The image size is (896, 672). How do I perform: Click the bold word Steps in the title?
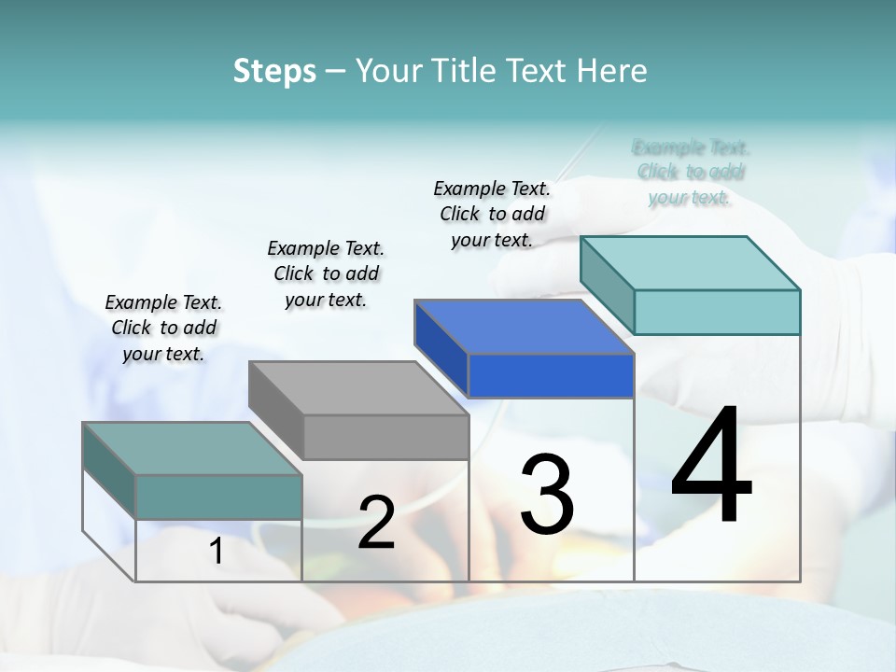(273, 71)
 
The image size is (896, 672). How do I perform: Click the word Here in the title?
(612, 71)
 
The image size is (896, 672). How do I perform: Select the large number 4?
(711, 467)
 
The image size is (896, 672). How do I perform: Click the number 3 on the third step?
(546, 495)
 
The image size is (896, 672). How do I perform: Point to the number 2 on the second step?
(376, 523)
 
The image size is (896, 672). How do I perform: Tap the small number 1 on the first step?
(216, 552)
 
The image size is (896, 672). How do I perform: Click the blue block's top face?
(524, 327)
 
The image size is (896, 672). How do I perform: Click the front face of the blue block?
(551, 376)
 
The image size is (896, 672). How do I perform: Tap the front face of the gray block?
(385, 437)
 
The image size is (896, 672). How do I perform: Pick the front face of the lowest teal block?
(218, 497)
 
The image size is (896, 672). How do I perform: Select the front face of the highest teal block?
(717, 312)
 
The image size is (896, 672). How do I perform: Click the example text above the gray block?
(326, 273)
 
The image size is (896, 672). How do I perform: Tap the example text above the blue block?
(492, 214)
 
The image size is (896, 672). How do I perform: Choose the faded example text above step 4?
(690, 172)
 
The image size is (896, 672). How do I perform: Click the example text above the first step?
(163, 328)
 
